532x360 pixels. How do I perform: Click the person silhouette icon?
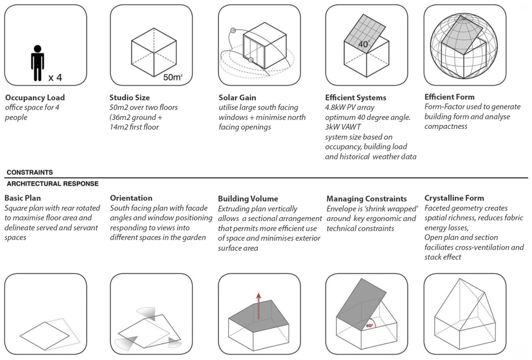[37, 63]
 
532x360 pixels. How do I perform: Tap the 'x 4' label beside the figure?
[55, 78]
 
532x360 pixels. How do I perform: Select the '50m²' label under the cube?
[173, 77]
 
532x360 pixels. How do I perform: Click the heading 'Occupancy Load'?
[35, 98]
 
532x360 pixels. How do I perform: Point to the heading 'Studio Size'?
[129, 98]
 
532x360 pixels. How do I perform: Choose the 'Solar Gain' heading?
[237, 98]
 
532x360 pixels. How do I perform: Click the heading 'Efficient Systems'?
[355, 98]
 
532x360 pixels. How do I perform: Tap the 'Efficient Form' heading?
[449, 97]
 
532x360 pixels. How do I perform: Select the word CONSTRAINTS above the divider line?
[30, 172]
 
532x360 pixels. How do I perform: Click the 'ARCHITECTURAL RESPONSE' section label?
[52, 183]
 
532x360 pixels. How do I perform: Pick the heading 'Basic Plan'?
[23, 198]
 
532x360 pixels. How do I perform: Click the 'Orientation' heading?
[131, 198]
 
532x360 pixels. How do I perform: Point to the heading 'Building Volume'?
[248, 198]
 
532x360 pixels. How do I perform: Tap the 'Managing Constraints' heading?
[367, 198]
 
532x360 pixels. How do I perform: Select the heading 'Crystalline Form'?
[454, 198]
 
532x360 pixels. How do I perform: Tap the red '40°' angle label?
[369, 326]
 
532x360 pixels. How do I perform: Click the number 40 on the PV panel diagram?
[363, 45]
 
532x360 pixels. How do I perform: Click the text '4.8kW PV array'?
[350, 108]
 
